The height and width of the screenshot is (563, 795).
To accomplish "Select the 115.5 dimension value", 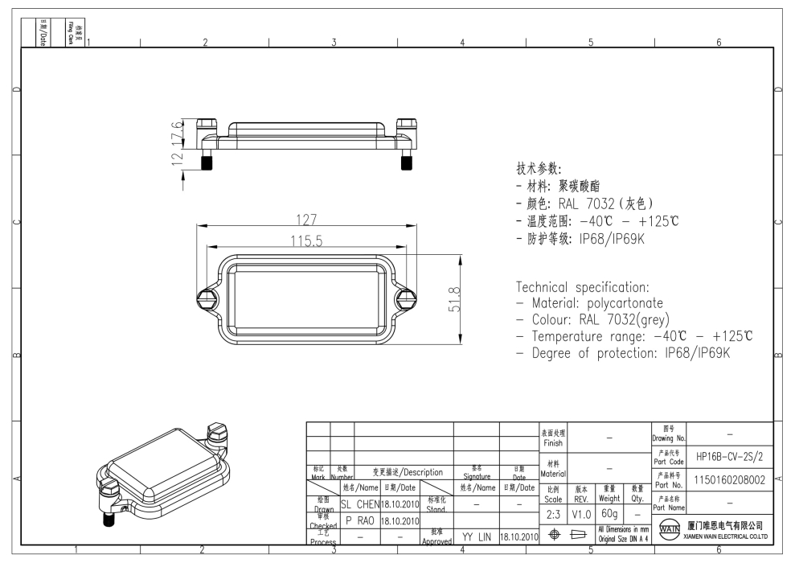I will click(x=305, y=240).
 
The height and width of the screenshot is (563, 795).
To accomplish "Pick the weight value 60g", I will click(x=609, y=513).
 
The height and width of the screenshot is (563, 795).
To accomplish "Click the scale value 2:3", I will click(x=553, y=513).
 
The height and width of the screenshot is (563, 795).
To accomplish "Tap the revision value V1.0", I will click(x=581, y=513).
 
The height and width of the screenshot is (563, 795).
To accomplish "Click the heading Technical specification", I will click(x=582, y=287).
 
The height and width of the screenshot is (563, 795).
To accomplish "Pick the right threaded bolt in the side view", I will click(x=406, y=162).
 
